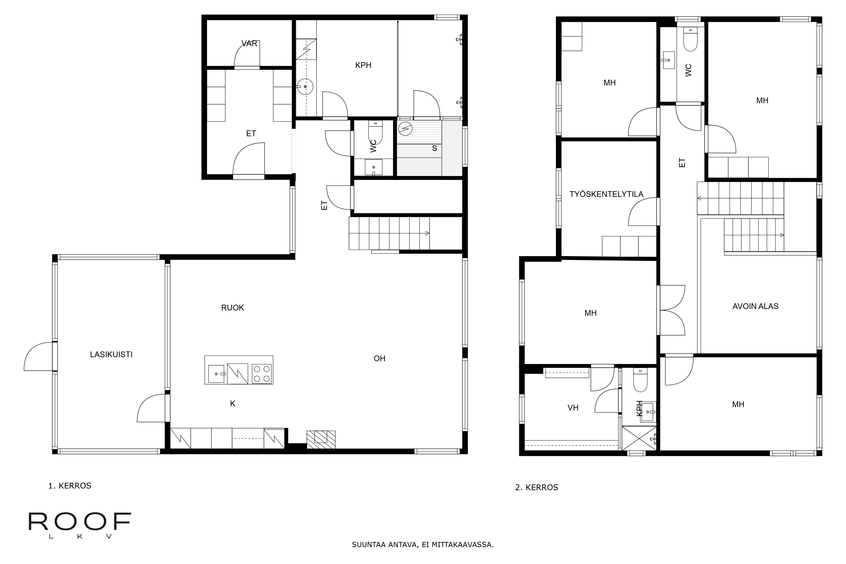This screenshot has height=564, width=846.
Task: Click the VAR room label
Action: click(x=249, y=44)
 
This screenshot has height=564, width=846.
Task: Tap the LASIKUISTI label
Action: click(x=111, y=355)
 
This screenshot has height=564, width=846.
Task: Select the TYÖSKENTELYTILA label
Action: click(x=606, y=194)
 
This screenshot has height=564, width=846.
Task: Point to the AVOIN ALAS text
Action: click(x=755, y=306)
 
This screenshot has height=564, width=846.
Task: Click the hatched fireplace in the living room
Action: click(x=321, y=439)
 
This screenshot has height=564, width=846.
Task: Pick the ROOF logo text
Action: click(x=80, y=521)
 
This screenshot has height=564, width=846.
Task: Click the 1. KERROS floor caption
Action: click(x=70, y=486)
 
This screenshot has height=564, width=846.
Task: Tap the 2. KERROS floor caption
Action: click(x=537, y=488)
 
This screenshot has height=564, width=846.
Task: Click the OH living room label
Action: click(x=379, y=359)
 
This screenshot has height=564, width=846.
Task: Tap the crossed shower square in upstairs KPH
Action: click(x=639, y=438)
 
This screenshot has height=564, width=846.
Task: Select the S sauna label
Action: click(x=434, y=148)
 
